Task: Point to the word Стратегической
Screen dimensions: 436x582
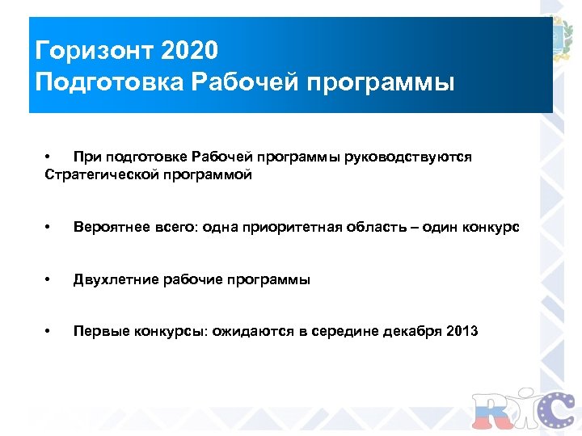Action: [97, 174]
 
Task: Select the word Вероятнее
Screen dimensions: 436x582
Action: [107, 228]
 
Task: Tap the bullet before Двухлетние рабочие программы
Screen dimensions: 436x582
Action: [49, 280]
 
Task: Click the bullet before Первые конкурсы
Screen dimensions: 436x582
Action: [49, 332]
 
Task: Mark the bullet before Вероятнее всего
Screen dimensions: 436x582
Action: [49, 228]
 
